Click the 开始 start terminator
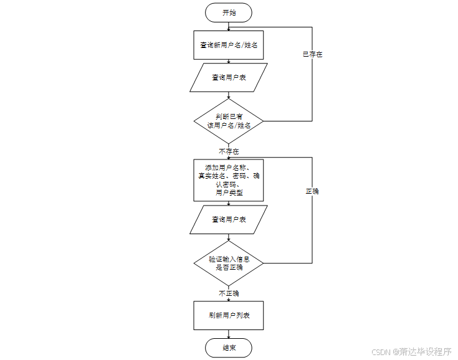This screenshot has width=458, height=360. (x=229, y=12)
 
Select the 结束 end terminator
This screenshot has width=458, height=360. (x=229, y=348)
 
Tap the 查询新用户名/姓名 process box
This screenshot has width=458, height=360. (x=229, y=45)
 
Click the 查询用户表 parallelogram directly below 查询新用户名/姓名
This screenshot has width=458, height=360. (x=229, y=78)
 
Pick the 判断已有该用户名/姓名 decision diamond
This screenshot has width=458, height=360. (x=229, y=120)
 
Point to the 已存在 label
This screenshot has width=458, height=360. (x=312, y=55)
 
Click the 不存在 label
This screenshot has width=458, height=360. (x=229, y=151)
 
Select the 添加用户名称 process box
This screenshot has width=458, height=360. (x=229, y=180)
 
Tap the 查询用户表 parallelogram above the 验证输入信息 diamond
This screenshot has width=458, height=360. (x=229, y=220)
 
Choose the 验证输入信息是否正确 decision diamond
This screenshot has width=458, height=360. (x=229, y=262)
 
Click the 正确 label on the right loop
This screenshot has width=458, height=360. (x=312, y=191)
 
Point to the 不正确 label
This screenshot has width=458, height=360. (x=229, y=293)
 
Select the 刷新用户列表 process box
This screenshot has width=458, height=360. (x=229, y=315)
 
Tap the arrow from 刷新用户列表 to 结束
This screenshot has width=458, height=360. (x=229, y=334)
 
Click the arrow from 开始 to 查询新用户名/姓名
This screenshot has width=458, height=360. (x=229, y=26)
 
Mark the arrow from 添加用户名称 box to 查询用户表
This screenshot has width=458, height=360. (x=229, y=204)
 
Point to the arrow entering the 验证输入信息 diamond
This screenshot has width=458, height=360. (x=229, y=238)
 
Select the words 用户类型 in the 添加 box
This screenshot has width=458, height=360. (x=229, y=193)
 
